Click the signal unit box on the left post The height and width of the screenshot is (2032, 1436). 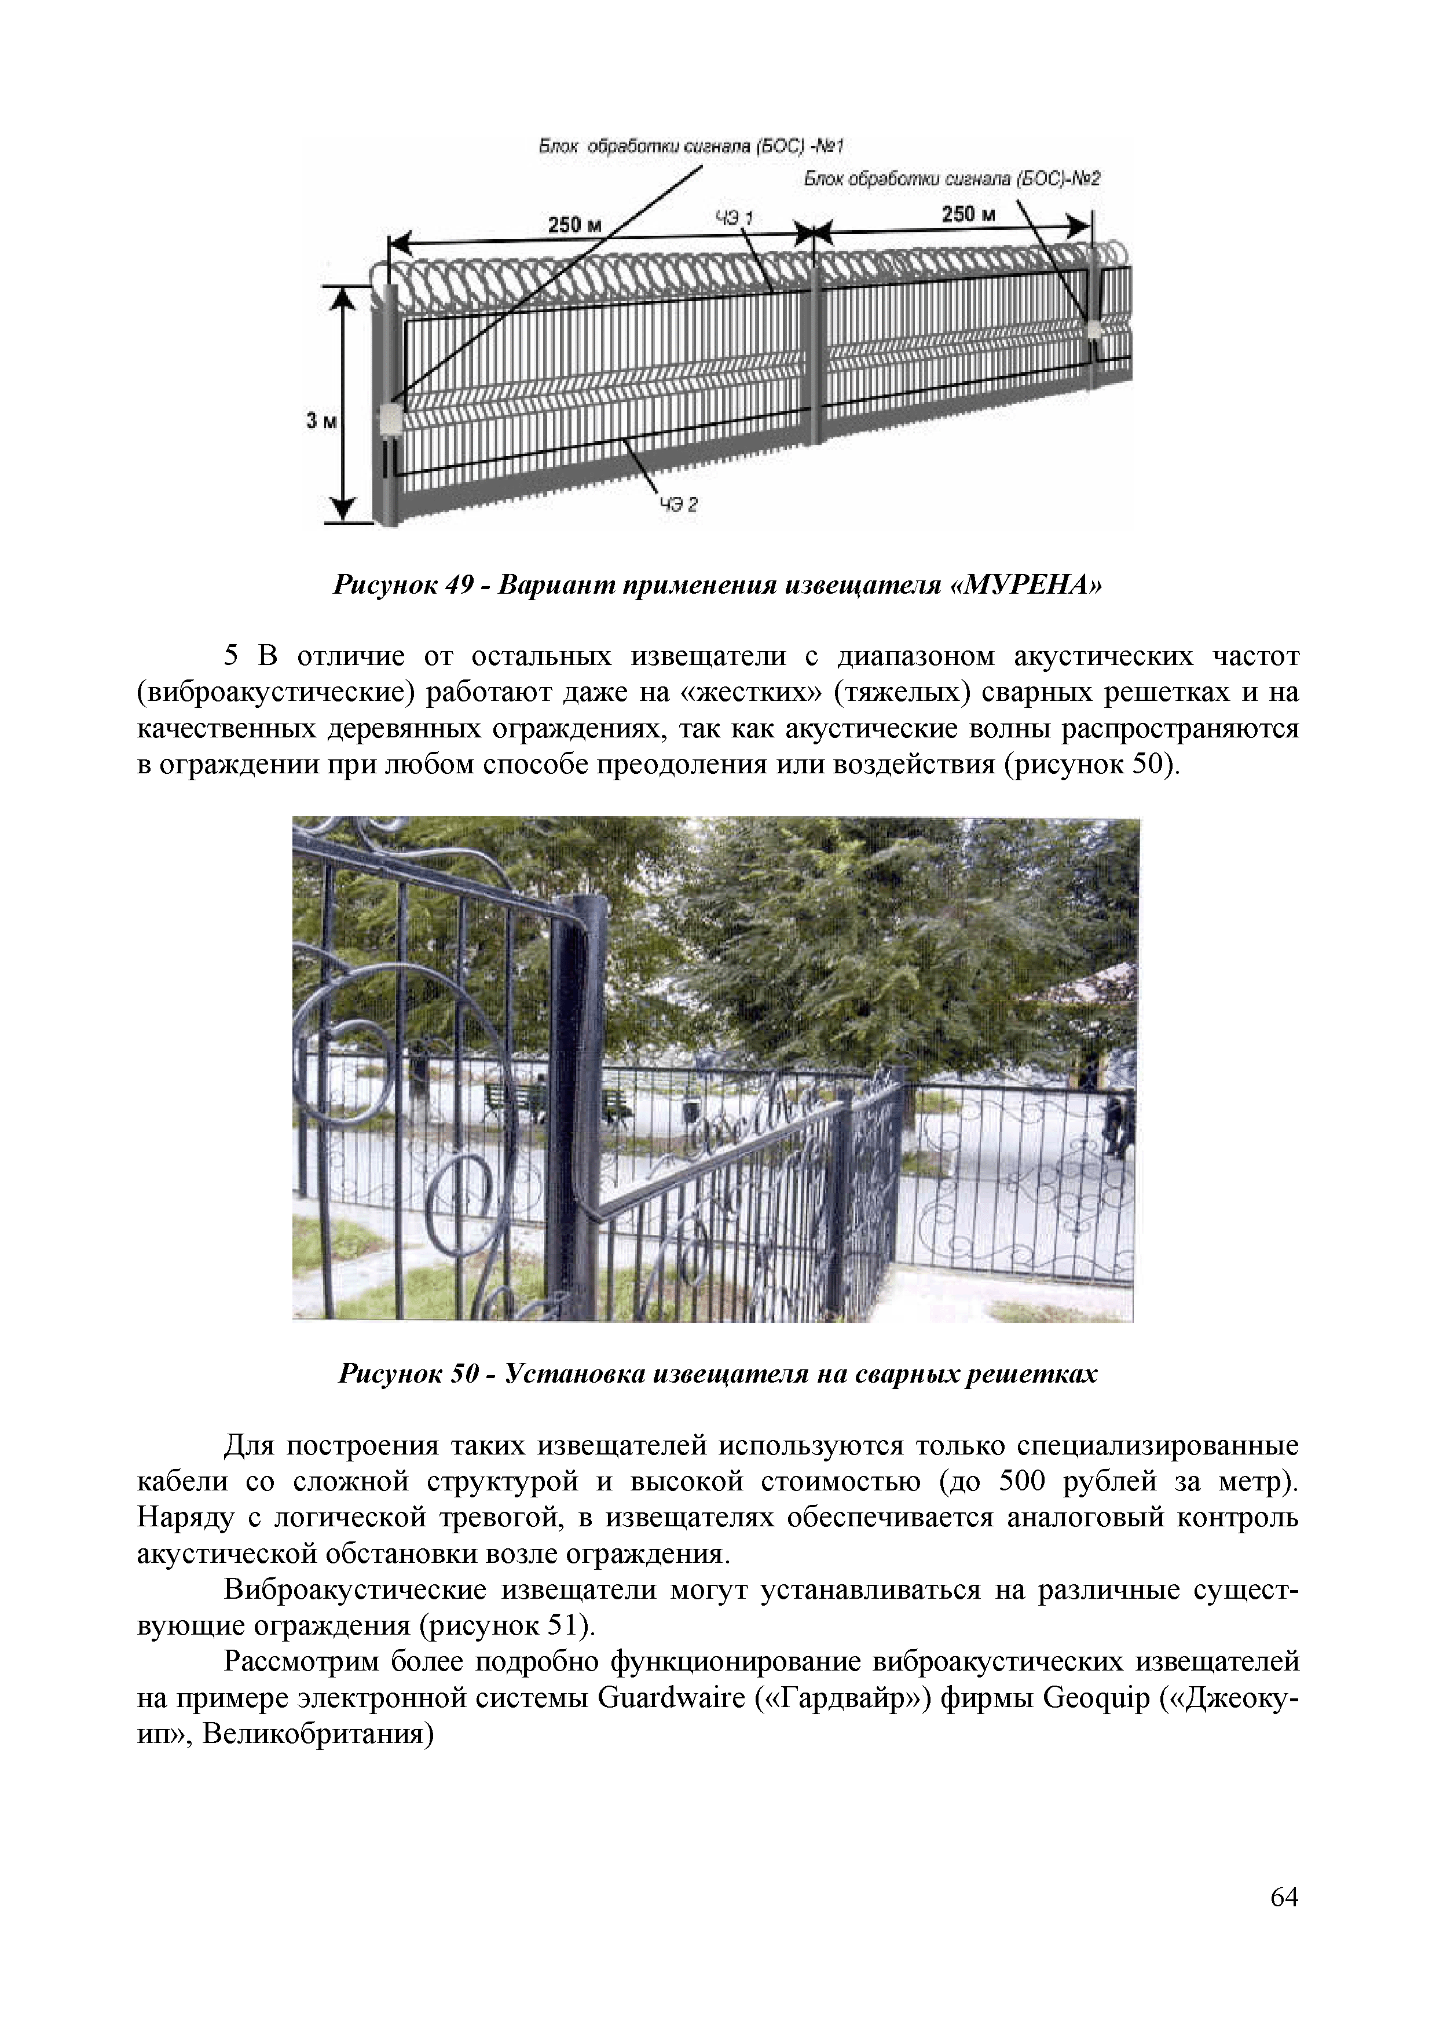click(389, 419)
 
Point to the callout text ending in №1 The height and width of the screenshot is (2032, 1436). click(693, 146)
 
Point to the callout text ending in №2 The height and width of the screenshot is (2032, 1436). click(951, 180)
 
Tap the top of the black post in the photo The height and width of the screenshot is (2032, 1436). click(582, 904)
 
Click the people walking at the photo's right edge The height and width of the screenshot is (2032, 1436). click(1116, 1124)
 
